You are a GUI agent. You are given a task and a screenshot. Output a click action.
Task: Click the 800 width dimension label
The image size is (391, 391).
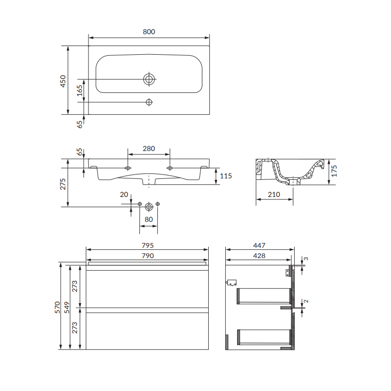(x=149, y=32)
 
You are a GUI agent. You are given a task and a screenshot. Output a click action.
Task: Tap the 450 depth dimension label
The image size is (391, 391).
(x=63, y=81)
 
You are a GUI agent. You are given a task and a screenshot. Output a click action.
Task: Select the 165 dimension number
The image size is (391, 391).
(x=79, y=90)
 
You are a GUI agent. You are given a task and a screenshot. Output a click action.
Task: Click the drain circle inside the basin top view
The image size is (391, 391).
(x=149, y=79)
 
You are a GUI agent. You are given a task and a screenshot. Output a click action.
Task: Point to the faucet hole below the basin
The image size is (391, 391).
(x=149, y=102)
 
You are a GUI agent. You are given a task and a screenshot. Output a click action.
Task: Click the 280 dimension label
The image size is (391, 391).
(x=149, y=149)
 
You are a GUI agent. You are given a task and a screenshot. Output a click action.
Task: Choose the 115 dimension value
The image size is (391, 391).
(x=226, y=176)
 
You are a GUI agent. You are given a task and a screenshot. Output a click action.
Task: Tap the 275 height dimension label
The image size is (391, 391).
(x=63, y=184)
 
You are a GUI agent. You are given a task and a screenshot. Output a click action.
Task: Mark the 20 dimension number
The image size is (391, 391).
(x=124, y=195)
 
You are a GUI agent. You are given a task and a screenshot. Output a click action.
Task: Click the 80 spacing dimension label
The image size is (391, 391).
(x=149, y=219)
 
